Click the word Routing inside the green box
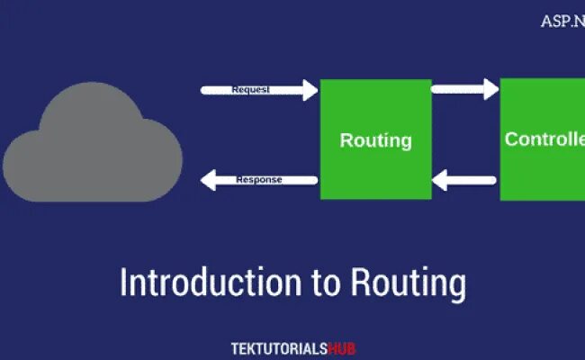[x=375, y=140]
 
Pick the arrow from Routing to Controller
[x=464, y=89]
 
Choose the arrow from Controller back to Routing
[x=464, y=181]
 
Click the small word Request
[x=251, y=90]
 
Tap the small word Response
[x=259, y=180]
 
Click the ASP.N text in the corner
[x=562, y=21]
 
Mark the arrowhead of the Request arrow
[x=310, y=90]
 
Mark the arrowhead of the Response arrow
[x=208, y=181]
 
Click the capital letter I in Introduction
[x=124, y=282]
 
